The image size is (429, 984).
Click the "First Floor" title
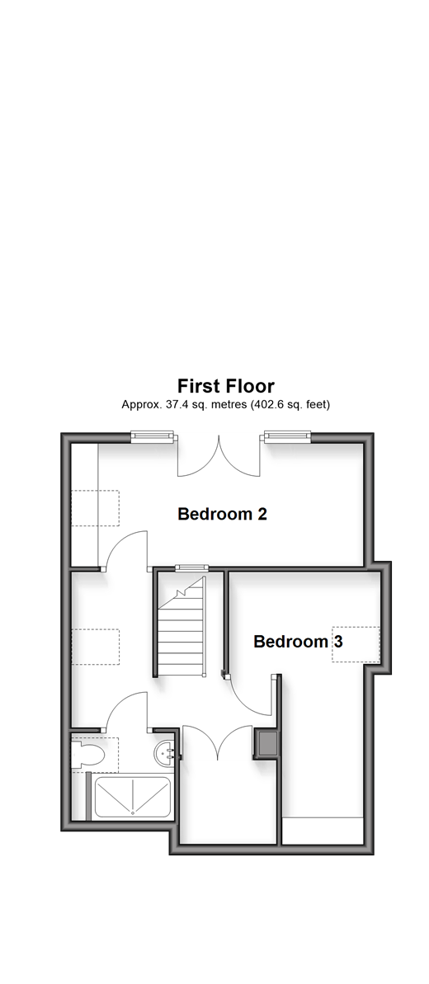tap(225, 385)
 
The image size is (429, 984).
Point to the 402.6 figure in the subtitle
tap(268, 405)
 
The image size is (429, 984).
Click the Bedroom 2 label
tap(223, 514)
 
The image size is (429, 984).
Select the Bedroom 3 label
tap(298, 642)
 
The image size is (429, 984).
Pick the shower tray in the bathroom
tap(133, 797)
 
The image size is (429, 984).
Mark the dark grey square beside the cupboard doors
tap(265, 743)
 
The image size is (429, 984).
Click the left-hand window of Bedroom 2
tap(152, 436)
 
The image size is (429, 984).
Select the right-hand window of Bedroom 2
tap(288, 436)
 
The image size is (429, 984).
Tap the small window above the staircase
tap(191, 568)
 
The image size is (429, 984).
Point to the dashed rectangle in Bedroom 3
tap(356, 644)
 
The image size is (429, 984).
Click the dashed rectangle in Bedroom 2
tap(95, 508)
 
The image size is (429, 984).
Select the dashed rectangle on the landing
tap(95, 647)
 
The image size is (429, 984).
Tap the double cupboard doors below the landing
tap(217, 744)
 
